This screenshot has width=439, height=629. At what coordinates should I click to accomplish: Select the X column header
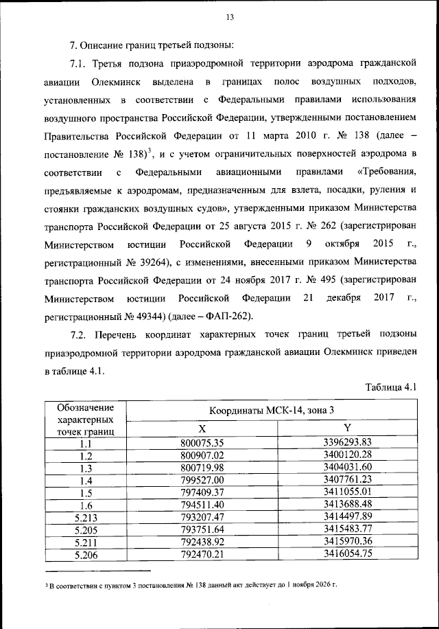point(203,427)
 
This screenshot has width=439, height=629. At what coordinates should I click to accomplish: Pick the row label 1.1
point(86,443)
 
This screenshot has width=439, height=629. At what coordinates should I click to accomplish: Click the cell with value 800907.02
point(202,455)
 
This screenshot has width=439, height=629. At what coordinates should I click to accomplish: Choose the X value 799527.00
point(202,480)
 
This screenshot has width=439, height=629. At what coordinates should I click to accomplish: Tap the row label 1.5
point(86,492)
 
